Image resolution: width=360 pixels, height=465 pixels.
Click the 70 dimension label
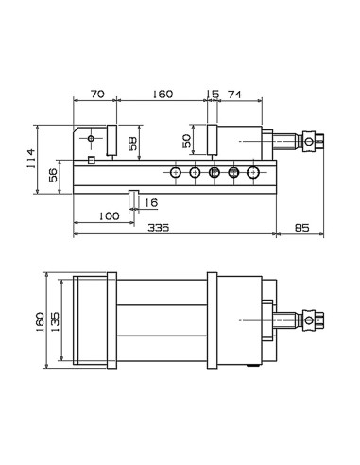(x=97, y=94)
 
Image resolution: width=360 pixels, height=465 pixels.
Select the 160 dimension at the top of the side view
(x=163, y=94)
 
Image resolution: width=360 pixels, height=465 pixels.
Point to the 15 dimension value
(x=213, y=94)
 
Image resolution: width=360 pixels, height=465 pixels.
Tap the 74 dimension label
(x=234, y=95)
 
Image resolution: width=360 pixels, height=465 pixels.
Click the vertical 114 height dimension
(x=31, y=159)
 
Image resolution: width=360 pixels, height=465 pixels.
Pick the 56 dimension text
(x=53, y=175)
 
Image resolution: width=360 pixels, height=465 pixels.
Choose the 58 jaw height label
(x=133, y=144)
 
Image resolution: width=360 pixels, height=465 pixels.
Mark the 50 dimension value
(x=187, y=141)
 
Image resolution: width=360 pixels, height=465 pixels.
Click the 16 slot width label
(x=151, y=202)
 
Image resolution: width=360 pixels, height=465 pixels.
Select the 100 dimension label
(x=110, y=216)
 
